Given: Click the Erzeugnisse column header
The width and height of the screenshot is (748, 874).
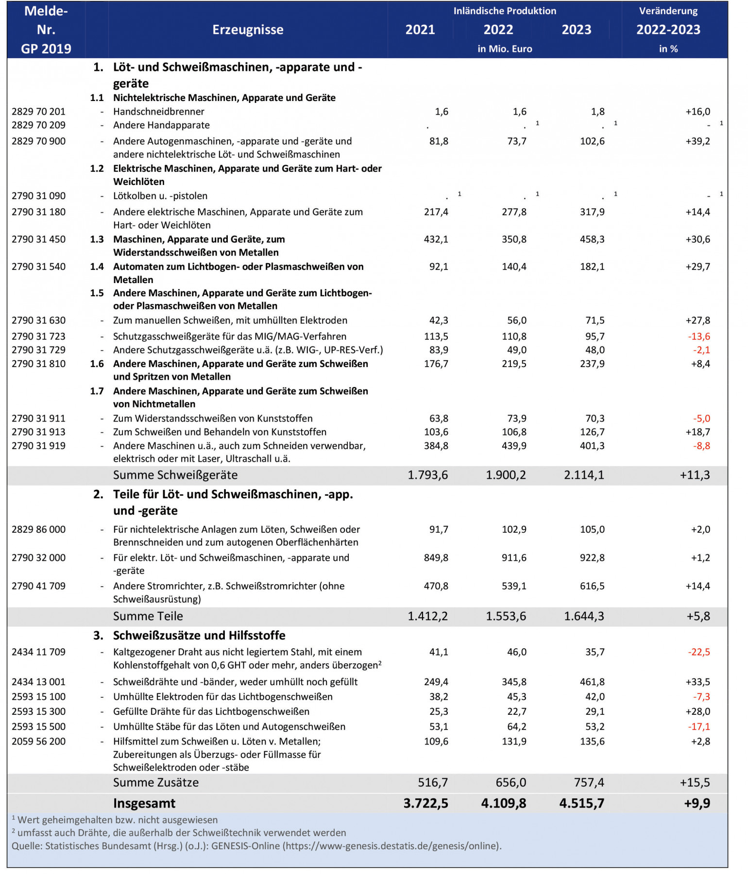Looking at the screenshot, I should coord(248,30).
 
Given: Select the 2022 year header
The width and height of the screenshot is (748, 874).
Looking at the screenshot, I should coord(498,30).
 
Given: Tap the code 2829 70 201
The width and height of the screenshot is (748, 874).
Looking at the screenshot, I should coord(38,112).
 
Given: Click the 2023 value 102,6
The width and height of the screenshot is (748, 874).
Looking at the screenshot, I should coord(592,141).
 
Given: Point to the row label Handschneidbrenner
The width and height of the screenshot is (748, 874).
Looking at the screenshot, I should coord(159,112).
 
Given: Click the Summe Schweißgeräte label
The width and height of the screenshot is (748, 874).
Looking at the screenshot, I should coord(175,475).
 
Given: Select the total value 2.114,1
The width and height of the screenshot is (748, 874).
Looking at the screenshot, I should coord(584,475).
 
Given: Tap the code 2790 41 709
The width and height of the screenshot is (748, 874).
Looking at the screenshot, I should coord(38,586).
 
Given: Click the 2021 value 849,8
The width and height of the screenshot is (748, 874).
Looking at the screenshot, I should coord(436,558).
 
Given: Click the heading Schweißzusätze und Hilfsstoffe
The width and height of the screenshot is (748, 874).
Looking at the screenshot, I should coord(199,636).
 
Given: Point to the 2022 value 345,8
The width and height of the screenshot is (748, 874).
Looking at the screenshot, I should coord(514,682).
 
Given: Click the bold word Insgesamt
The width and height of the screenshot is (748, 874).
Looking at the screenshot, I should coord(144,803).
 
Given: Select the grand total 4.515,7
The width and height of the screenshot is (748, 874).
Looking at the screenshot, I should coord(581,803).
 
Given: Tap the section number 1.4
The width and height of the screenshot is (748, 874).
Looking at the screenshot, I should coord(97,267).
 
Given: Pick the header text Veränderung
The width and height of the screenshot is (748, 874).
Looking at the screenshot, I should coord(668,11).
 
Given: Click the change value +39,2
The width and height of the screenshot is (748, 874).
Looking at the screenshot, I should coord(697,141).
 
